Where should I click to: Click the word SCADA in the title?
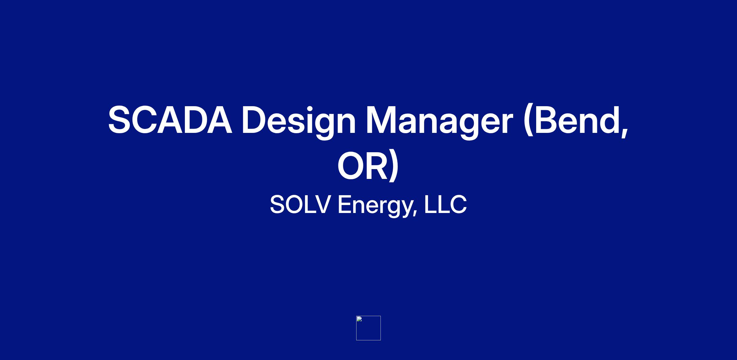(x=170, y=120)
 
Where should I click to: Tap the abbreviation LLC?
(x=445, y=204)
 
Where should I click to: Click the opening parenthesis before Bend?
(x=528, y=122)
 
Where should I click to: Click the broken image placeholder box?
(x=368, y=328)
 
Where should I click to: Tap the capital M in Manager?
(x=383, y=120)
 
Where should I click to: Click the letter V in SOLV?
(x=321, y=204)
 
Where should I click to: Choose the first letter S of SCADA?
(x=121, y=120)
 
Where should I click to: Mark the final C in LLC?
(x=458, y=204)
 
